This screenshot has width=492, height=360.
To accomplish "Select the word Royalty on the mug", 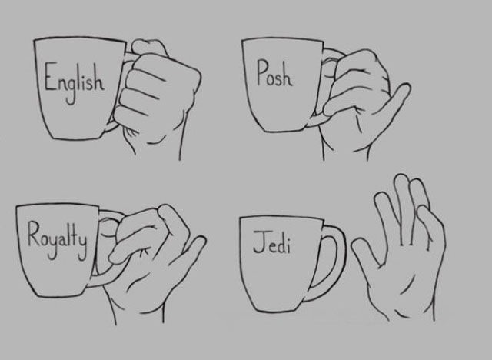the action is (x=58, y=240).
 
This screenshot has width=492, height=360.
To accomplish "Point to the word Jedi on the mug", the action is (x=271, y=242).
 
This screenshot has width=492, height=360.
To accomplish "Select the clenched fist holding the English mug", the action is (x=157, y=94).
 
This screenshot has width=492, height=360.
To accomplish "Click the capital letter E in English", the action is (x=50, y=76).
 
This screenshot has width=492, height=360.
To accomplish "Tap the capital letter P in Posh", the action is (x=262, y=72).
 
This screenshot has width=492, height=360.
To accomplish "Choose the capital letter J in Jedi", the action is (x=260, y=242).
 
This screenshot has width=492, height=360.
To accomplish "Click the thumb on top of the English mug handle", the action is (x=148, y=47).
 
